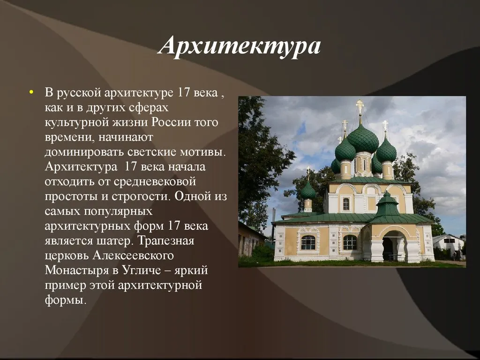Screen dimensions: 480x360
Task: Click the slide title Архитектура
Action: coord(240,46)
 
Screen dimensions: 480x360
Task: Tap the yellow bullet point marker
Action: coord(30,92)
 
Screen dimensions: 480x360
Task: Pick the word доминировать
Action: coord(84,152)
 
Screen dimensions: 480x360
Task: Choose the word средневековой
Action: coord(155,181)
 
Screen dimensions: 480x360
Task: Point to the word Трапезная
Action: coord(165,240)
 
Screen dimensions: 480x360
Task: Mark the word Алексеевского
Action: coord(133,255)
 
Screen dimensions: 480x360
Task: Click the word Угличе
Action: coord(142,270)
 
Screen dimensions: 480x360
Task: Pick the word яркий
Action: coord(191,270)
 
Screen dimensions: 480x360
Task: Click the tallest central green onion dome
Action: coord(363,139)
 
